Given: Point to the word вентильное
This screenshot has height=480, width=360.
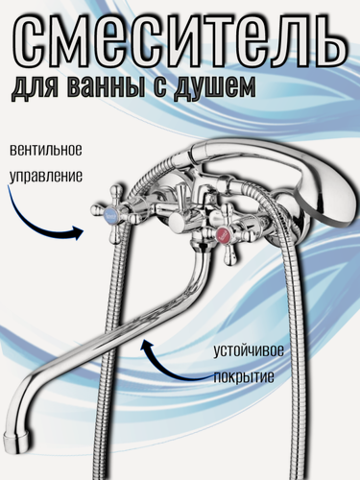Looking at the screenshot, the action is [x=52, y=152].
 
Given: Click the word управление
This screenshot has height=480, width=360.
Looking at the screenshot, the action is [x=52, y=177].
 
